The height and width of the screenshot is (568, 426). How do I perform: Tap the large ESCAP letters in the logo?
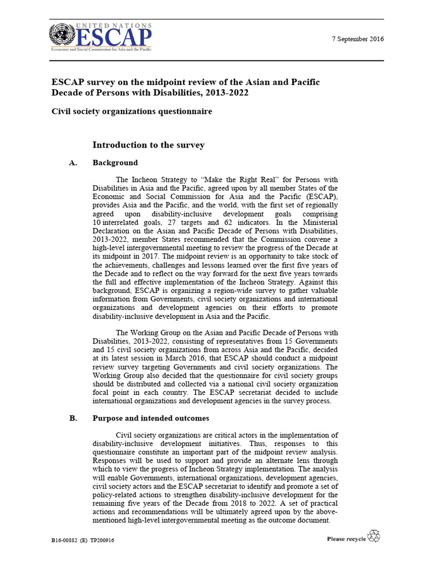113,38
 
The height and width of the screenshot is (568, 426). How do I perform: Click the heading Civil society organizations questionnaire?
132,111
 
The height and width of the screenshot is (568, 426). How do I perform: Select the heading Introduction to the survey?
148,145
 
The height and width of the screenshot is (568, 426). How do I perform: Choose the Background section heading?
115,163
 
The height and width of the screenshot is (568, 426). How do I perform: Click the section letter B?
73,419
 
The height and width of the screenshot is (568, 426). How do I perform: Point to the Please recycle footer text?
346,539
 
